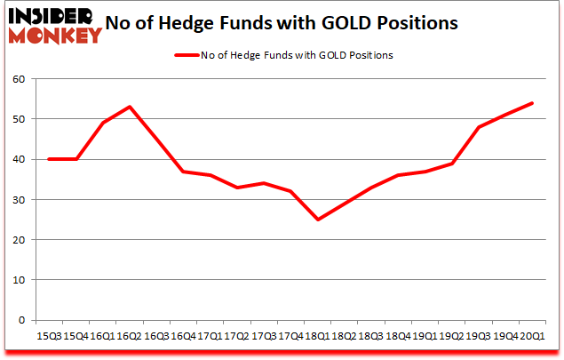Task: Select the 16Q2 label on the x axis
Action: coord(130,336)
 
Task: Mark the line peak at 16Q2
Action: coord(130,107)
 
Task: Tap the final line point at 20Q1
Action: coord(532,103)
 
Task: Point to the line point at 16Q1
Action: coord(103,123)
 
